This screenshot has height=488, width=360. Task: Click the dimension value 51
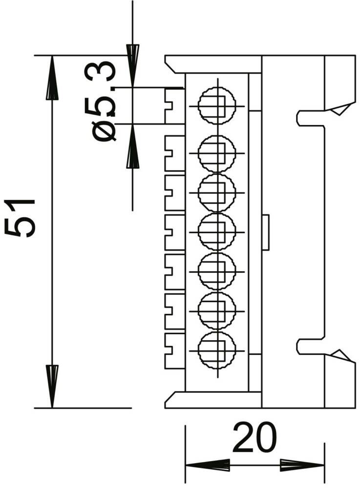tap(20, 218)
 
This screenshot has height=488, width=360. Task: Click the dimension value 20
tap(254, 437)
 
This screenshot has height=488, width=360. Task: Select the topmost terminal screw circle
tap(217, 105)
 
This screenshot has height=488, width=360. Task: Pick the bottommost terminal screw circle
tap(217, 350)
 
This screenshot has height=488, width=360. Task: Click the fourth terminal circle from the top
tap(217, 232)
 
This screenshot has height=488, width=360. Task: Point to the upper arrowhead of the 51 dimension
tap(52, 78)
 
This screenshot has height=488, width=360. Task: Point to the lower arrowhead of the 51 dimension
tap(52, 386)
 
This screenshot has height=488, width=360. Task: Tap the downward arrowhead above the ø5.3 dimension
tap(133, 66)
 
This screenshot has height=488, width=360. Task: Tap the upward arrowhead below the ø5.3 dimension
tap(133, 145)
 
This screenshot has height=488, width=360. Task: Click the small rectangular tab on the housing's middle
tap(266, 232)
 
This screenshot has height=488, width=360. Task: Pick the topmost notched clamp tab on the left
tap(175, 106)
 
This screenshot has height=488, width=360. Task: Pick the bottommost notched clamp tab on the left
tap(175, 351)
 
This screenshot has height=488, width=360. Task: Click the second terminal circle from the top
tap(217, 153)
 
